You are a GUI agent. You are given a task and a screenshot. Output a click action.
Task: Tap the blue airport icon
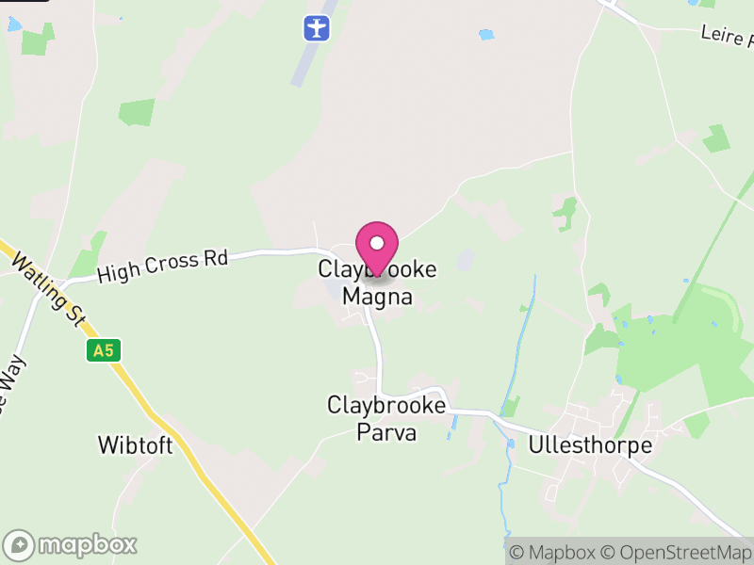click(318, 27)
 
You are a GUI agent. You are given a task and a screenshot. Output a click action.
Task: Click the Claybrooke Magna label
click(377, 282)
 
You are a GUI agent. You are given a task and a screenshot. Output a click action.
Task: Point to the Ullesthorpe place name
click(591, 445)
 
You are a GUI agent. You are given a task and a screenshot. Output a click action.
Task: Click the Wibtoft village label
click(136, 445)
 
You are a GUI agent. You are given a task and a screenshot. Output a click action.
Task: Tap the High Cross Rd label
click(162, 266)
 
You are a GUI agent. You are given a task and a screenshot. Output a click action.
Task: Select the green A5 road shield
click(103, 351)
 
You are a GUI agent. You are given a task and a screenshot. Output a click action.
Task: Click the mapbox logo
click(72, 544)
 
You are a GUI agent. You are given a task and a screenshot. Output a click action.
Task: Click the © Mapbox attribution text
click(551, 552)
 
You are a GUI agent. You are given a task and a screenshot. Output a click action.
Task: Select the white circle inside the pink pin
click(377, 243)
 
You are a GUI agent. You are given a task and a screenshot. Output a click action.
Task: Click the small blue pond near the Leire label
click(486, 35)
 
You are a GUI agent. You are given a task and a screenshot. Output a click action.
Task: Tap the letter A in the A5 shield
click(98, 351)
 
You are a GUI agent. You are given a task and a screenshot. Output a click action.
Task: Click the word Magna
click(377, 297)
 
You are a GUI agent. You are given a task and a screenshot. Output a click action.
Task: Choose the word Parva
click(386, 433)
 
